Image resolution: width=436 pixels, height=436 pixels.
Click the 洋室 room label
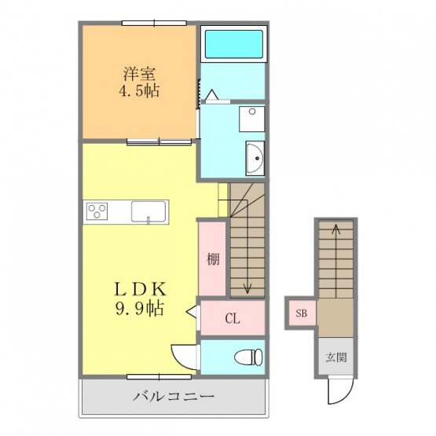pos(139,75)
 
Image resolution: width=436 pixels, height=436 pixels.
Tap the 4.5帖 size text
pos(139,90)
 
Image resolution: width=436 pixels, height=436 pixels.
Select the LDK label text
pos(140,289)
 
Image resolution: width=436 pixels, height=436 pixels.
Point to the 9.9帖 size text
pos(139,308)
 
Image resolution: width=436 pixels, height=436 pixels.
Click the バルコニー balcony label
pos(174,396)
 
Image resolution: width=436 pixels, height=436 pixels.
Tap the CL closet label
pos(233,319)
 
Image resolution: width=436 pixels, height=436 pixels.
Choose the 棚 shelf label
pos(213,259)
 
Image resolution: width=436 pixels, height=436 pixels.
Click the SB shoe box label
pos(302,313)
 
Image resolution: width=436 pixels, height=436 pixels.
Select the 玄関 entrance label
pos(336,357)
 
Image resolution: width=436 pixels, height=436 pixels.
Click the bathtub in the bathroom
pos(234,44)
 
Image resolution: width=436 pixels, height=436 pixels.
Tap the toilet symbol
pos(248,357)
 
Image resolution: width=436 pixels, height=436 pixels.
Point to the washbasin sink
pos(255,159)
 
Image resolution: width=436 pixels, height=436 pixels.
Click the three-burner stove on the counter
pos(97,211)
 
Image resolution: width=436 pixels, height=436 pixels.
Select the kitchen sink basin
pos(148,212)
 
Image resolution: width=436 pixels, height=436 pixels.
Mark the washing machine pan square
pos(252,119)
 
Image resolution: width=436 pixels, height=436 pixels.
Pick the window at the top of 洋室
pos(154,23)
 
